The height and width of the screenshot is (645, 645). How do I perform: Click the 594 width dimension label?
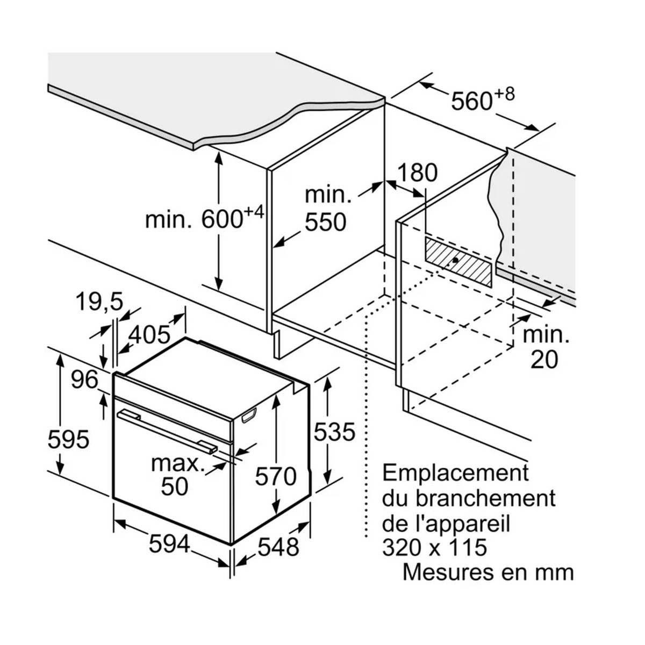[169, 544]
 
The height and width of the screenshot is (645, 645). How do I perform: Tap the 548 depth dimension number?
[278, 547]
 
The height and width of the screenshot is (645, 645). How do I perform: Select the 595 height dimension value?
[69, 439]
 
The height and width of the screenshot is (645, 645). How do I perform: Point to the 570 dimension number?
[276, 476]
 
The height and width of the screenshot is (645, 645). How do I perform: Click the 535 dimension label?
[334, 432]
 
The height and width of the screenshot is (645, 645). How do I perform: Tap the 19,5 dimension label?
[99, 302]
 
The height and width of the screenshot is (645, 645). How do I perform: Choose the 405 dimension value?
[149, 334]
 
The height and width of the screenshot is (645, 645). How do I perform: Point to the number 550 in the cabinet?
[326, 222]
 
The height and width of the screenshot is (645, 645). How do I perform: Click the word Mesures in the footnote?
[448, 572]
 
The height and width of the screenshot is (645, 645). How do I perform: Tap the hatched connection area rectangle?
[458, 262]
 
